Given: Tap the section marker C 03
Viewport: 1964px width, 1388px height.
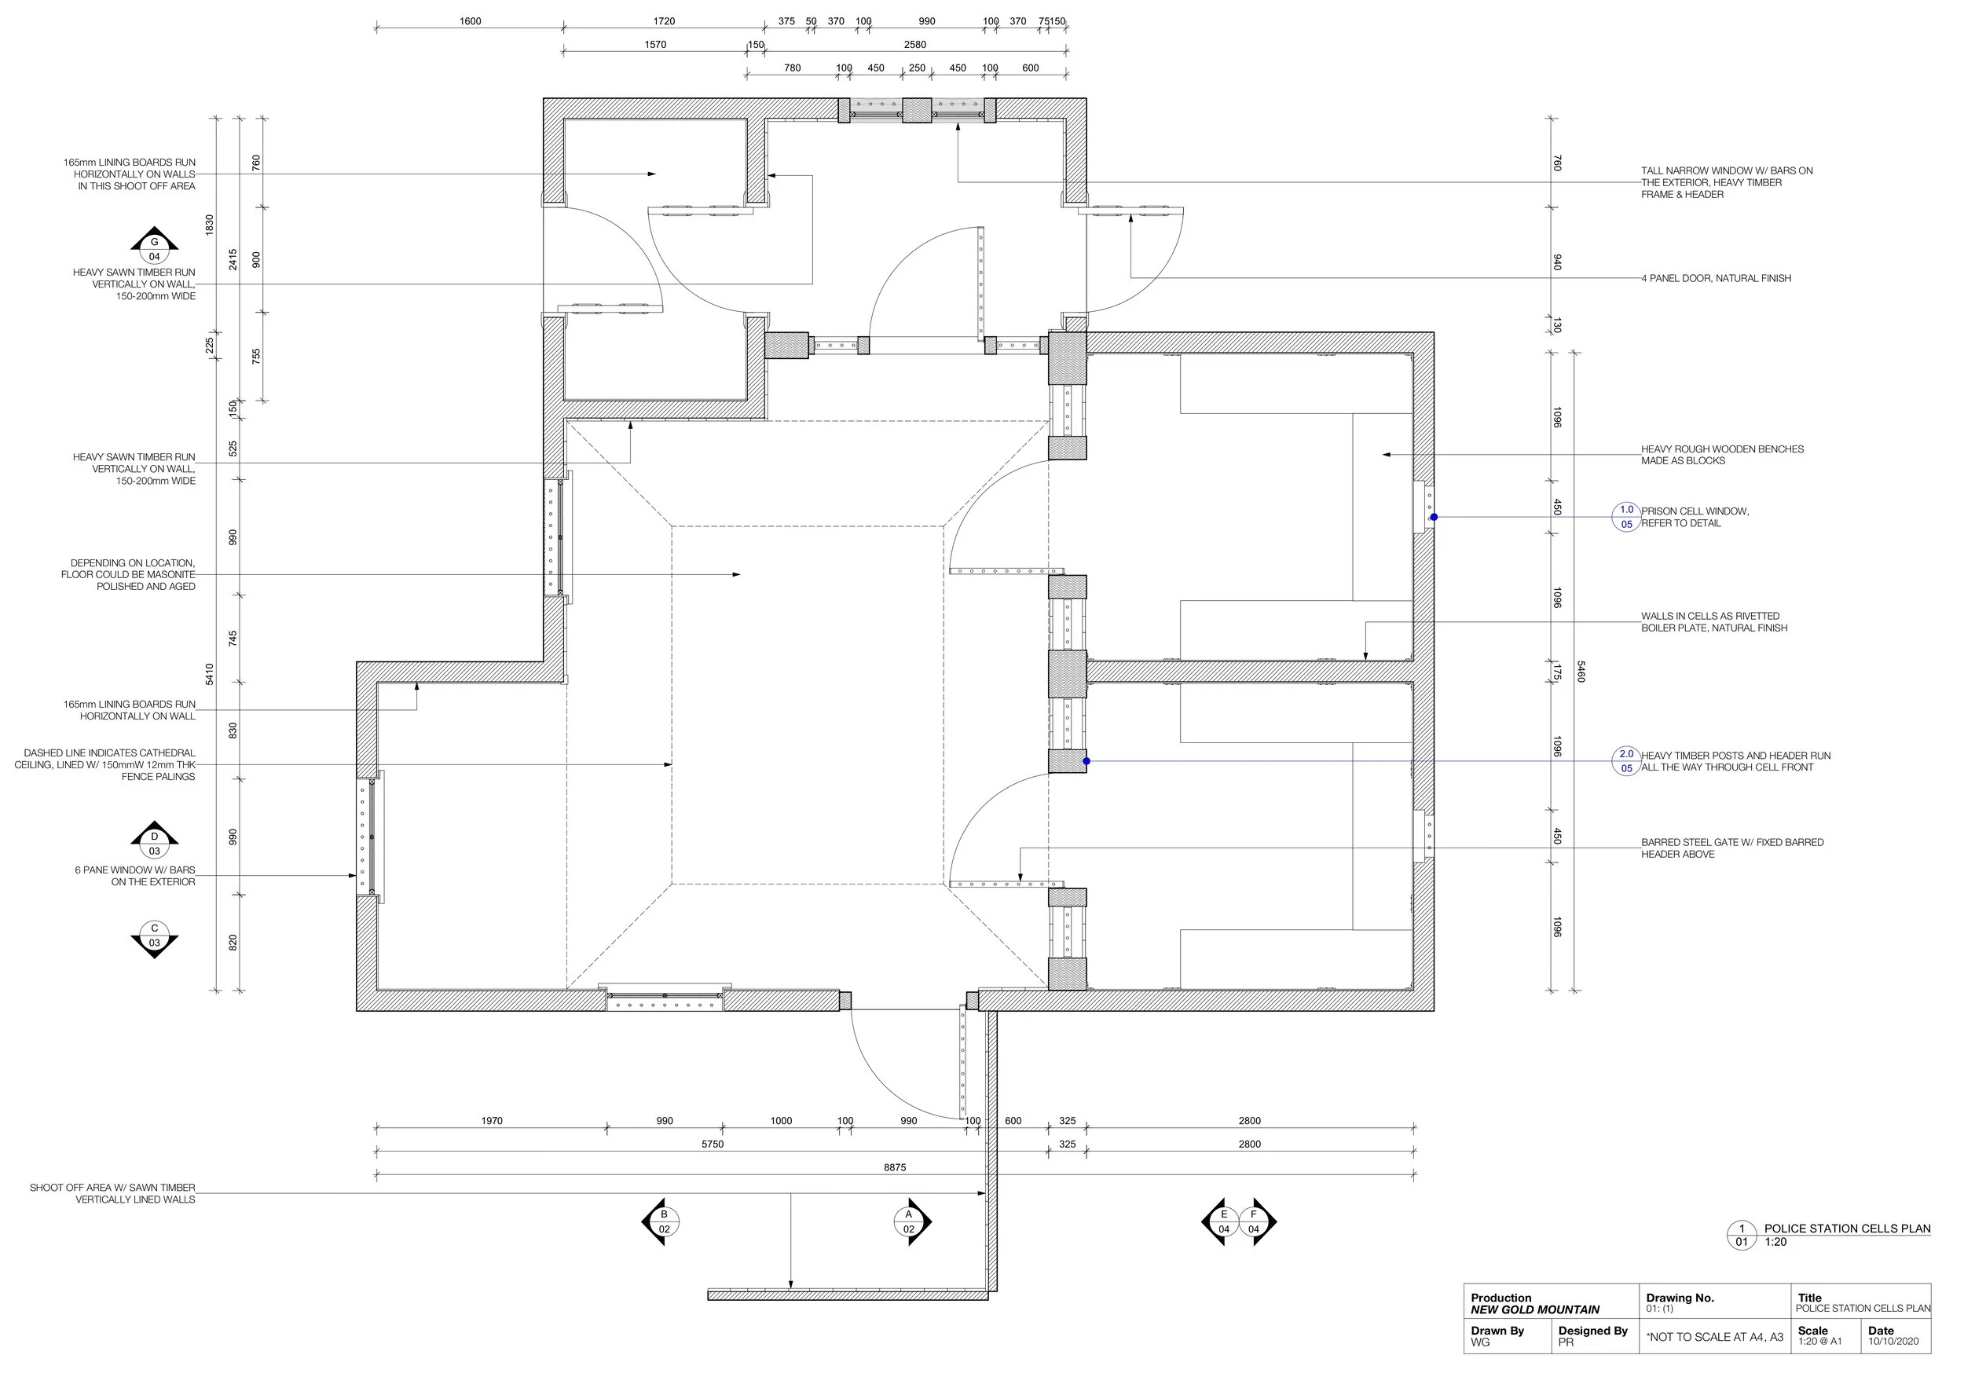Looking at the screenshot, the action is [x=154, y=938].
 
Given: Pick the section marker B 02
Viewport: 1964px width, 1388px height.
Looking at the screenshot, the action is [x=661, y=1221].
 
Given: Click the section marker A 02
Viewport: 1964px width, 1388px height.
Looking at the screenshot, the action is [x=911, y=1221].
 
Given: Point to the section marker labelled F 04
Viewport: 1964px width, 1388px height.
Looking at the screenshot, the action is [x=1257, y=1221].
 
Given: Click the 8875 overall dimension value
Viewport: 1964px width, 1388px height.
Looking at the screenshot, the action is [x=895, y=1167].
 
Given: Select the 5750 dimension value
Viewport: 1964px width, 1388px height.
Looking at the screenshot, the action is [x=713, y=1144].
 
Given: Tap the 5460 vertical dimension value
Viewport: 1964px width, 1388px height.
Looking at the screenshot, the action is [x=1581, y=672].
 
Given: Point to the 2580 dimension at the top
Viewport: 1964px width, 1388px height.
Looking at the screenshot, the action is [x=915, y=45].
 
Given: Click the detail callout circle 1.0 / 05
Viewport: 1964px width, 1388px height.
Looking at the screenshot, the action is [x=1626, y=517].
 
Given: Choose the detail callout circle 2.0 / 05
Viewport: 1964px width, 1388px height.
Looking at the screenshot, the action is [x=1626, y=761].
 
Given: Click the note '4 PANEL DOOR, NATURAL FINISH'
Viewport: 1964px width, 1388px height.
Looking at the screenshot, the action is [x=1716, y=278].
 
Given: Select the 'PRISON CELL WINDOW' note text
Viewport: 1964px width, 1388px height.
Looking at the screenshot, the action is [x=1695, y=511].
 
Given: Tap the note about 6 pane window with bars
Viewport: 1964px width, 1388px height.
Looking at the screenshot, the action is [x=135, y=876].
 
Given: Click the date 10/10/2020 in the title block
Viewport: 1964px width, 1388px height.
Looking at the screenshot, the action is [x=1893, y=1341].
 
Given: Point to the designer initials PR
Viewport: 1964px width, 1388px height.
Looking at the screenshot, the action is [x=1566, y=1342].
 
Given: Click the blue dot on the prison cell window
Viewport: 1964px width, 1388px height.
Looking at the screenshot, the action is [x=1434, y=517].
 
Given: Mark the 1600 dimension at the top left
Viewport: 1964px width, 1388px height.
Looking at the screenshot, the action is [x=471, y=21].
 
